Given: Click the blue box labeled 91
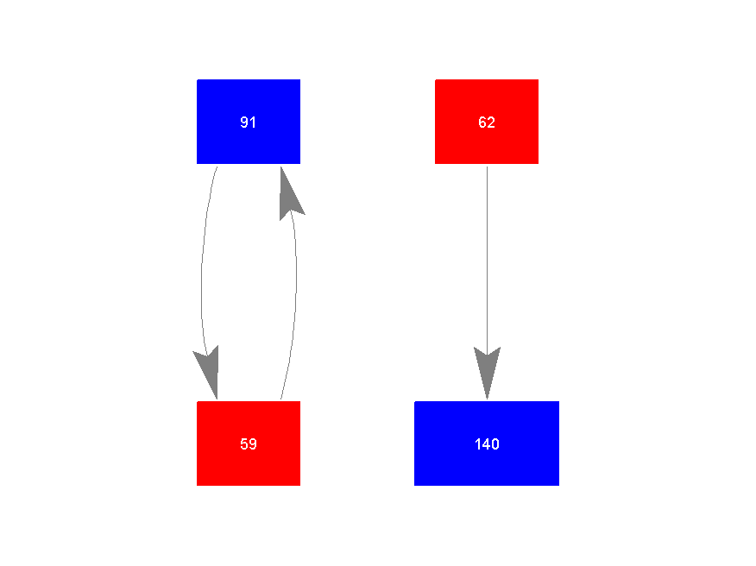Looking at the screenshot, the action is pyautogui.click(x=249, y=122).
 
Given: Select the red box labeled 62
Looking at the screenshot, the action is pyautogui.click(x=487, y=122).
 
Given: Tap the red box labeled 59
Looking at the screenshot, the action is pyautogui.click(x=249, y=443).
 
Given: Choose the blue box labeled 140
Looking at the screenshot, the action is pyautogui.click(x=487, y=443).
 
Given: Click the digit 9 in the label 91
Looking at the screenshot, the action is pyautogui.click(x=244, y=122).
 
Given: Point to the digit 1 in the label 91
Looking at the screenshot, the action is pyautogui.click(x=253, y=122).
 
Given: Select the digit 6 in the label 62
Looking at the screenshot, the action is pyautogui.click(x=482, y=122).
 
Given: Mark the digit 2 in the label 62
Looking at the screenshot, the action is pyautogui.click(x=491, y=122).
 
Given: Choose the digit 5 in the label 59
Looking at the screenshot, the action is pyautogui.click(x=244, y=443).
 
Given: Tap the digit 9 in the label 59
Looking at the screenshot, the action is pyautogui.click(x=253, y=443).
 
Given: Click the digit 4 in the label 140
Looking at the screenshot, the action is pyautogui.click(x=487, y=443).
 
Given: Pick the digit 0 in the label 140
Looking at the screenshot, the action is pyautogui.click(x=495, y=443).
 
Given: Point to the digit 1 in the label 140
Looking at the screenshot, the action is pyautogui.click(x=478, y=443).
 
